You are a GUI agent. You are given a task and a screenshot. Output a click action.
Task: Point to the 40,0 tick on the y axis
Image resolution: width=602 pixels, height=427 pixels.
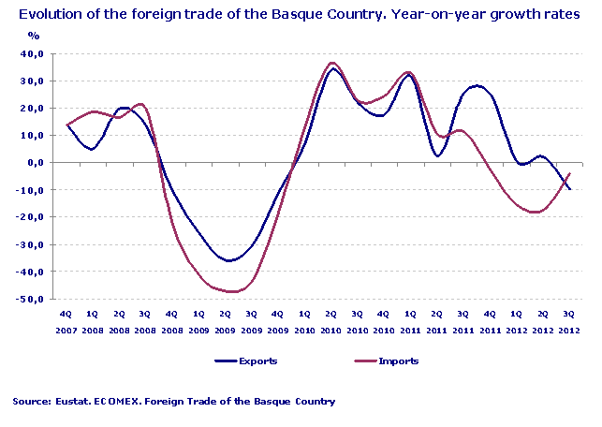tap(31, 53)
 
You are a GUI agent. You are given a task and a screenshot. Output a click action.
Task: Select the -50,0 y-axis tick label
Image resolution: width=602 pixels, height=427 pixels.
tap(29, 300)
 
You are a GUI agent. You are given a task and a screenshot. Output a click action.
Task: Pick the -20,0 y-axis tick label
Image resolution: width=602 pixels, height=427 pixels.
tap(29, 217)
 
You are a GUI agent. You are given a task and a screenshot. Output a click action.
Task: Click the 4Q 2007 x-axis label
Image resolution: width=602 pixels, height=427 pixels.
tap(66, 323)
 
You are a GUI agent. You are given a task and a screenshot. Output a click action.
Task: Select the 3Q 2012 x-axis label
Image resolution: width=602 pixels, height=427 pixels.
tap(567, 323)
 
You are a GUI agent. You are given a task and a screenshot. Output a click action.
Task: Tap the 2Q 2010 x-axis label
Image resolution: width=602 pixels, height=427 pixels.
tap(330, 323)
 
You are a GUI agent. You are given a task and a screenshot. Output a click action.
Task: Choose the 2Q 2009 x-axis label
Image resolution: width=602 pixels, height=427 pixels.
tap(225, 323)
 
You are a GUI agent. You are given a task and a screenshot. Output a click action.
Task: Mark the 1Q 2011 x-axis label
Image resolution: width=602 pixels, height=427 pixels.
tap(409, 323)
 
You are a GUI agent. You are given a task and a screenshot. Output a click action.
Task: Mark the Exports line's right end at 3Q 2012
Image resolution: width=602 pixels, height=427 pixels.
tap(570, 189)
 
